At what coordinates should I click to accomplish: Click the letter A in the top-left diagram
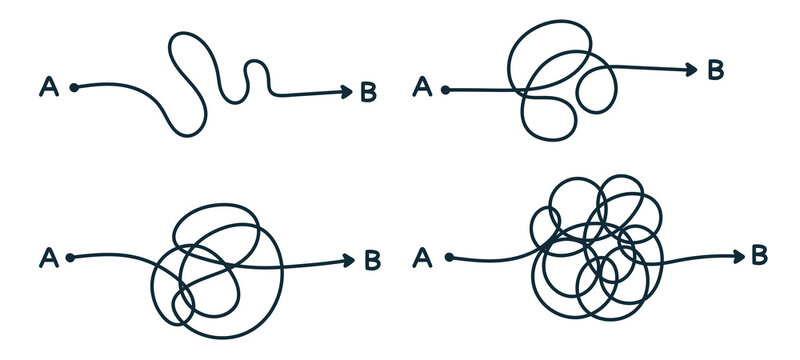(47, 87)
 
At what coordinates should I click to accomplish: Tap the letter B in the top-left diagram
(368, 93)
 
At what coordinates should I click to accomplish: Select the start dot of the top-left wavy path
(73, 87)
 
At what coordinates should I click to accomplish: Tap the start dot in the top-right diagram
(446, 90)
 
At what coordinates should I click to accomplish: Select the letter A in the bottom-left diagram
(46, 258)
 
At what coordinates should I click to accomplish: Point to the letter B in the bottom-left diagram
(371, 261)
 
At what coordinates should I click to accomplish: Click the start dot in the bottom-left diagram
(70, 258)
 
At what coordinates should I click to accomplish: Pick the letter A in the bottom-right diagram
(422, 258)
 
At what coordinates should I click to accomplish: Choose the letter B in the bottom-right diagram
(759, 255)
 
